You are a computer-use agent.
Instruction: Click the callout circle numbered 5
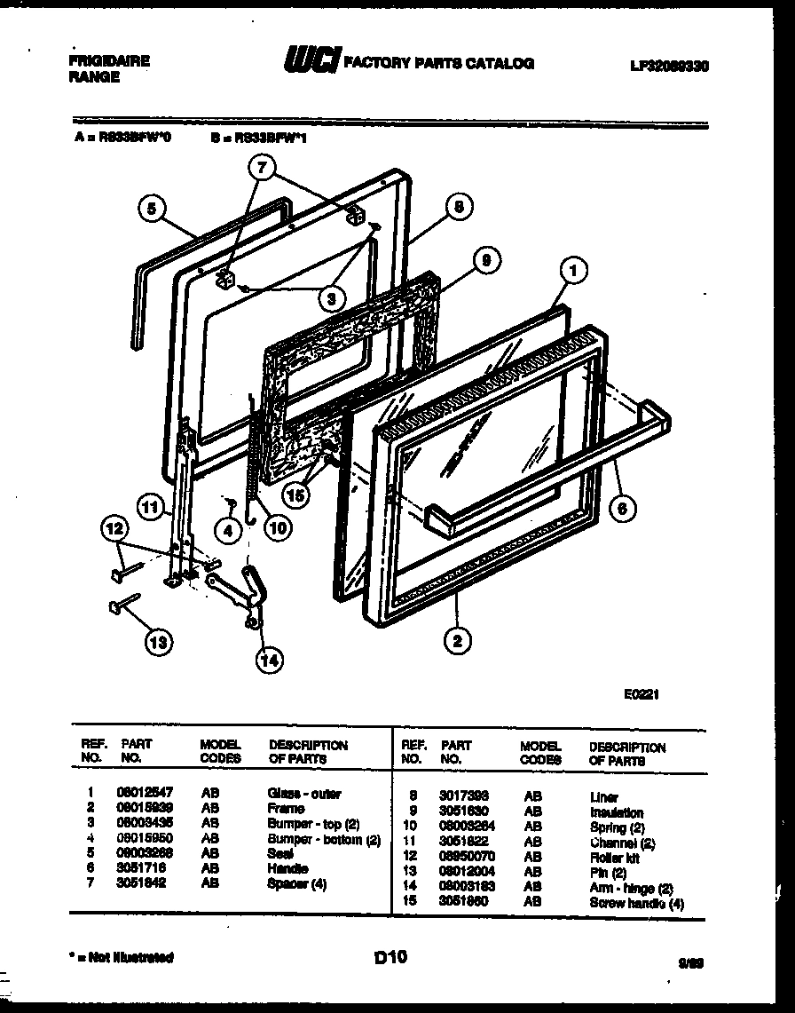pyautogui.click(x=153, y=210)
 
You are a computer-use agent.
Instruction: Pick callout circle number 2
pyautogui.click(x=457, y=641)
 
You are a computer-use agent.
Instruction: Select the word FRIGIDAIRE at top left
pyautogui.click(x=109, y=61)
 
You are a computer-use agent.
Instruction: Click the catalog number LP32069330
pyautogui.click(x=673, y=67)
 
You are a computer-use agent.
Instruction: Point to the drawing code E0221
pyautogui.click(x=640, y=697)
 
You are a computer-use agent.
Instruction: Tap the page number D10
pyautogui.click(x=390, y=957)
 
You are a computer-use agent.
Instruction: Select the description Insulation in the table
pyautogui.click(x=617, y=812)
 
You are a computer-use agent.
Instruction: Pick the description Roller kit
pyautogui.click(x=614, y=858)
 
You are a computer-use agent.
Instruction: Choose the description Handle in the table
pyautogui.click(x=287, y=868)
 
